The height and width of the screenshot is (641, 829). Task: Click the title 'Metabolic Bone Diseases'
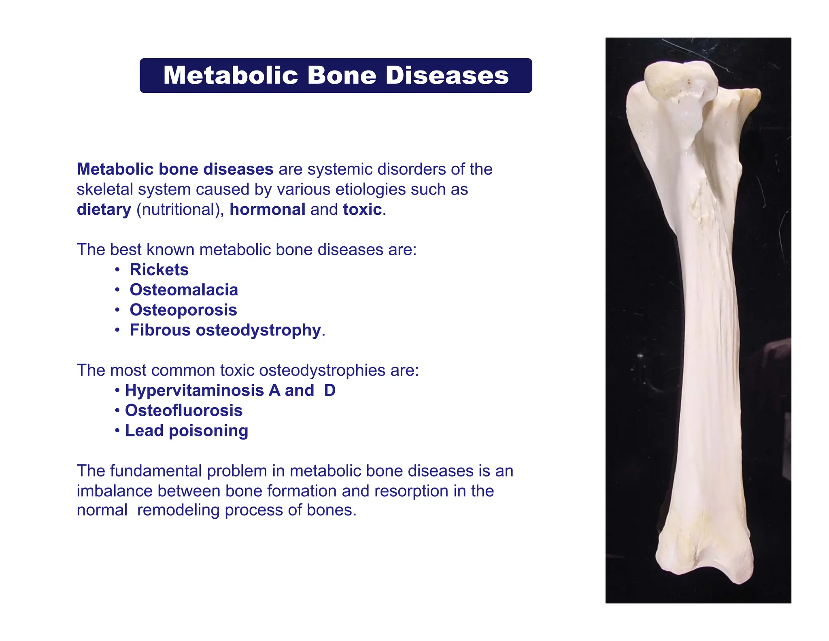tap(336, 75)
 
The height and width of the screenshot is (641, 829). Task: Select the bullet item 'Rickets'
tap(159, 270)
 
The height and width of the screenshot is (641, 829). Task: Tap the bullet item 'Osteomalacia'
tap(184, 290)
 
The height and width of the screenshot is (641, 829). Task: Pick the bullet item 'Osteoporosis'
tap(183, 310)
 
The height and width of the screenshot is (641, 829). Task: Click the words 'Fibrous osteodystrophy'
tap(225, 330)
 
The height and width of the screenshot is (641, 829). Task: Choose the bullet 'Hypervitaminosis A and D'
tap(230, 391)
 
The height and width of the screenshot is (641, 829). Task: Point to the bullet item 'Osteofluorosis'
tap(184, 411)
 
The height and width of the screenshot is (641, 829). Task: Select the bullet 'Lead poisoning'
tap(187, 431)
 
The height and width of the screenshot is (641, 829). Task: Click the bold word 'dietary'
tap(104, 209)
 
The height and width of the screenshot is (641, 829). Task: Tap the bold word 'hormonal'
tap(268, 209)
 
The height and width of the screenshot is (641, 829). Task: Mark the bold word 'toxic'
tap(362, 209)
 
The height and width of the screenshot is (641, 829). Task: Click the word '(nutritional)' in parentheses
tap(180, 209)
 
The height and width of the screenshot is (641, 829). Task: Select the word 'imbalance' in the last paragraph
tap(115, 491)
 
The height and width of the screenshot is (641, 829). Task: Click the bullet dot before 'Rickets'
tap(117, 270)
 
